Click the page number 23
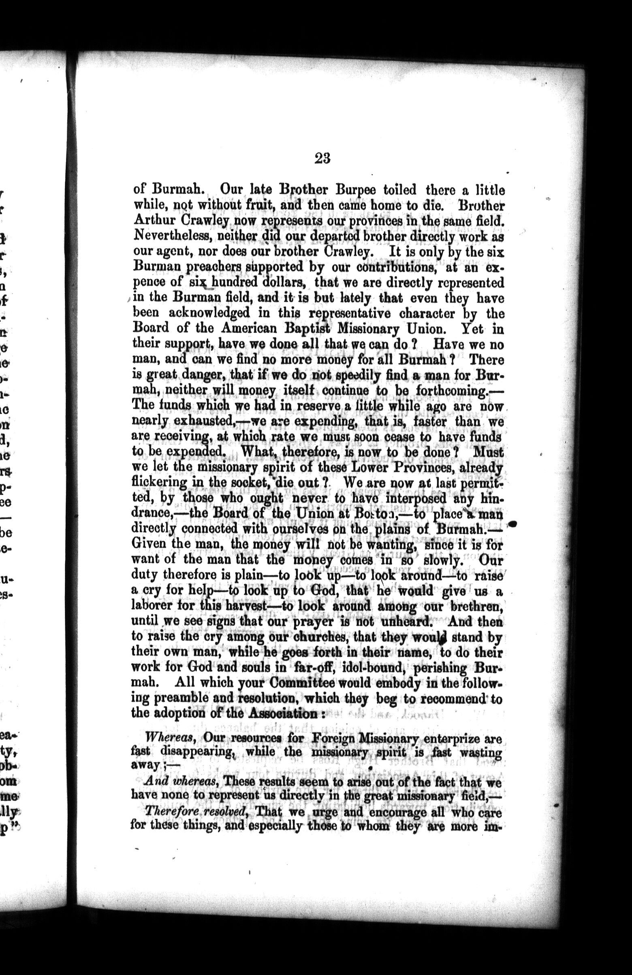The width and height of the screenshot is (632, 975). (322, 158)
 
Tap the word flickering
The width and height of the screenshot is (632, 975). (159, 483)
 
